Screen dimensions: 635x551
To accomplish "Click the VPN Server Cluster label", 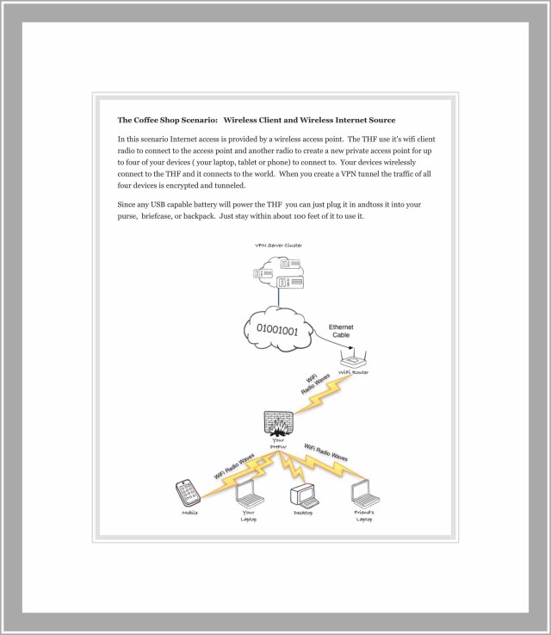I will [278, 246].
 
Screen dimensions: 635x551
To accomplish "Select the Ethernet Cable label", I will [341, 331].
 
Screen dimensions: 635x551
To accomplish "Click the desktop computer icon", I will [302, 496].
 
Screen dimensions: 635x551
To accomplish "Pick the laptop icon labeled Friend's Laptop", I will [363, 492].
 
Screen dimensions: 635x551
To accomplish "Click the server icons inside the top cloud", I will [278, 276].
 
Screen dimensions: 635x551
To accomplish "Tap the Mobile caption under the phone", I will [189, 513].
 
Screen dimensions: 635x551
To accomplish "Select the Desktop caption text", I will [302, 514].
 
